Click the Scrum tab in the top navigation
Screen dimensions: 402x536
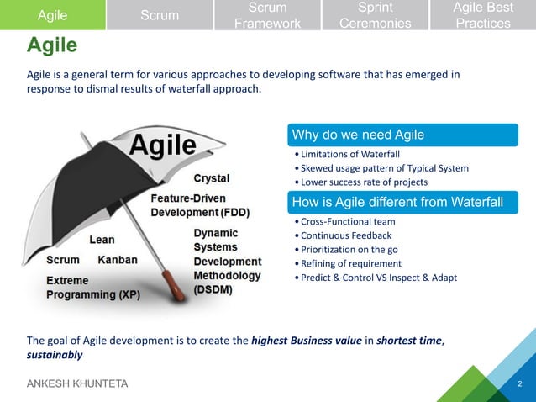tap(159, 15)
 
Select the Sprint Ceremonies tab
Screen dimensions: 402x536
tap(375, 15)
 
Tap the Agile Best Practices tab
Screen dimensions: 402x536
tap(482, 15)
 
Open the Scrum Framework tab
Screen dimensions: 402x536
tap(267, 15)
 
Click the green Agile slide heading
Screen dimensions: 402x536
tap(52, 45)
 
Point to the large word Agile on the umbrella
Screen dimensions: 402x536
tap(161, 149)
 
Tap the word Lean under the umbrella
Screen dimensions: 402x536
tap(102, 239)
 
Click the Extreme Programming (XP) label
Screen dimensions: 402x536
tap(92, 287)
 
